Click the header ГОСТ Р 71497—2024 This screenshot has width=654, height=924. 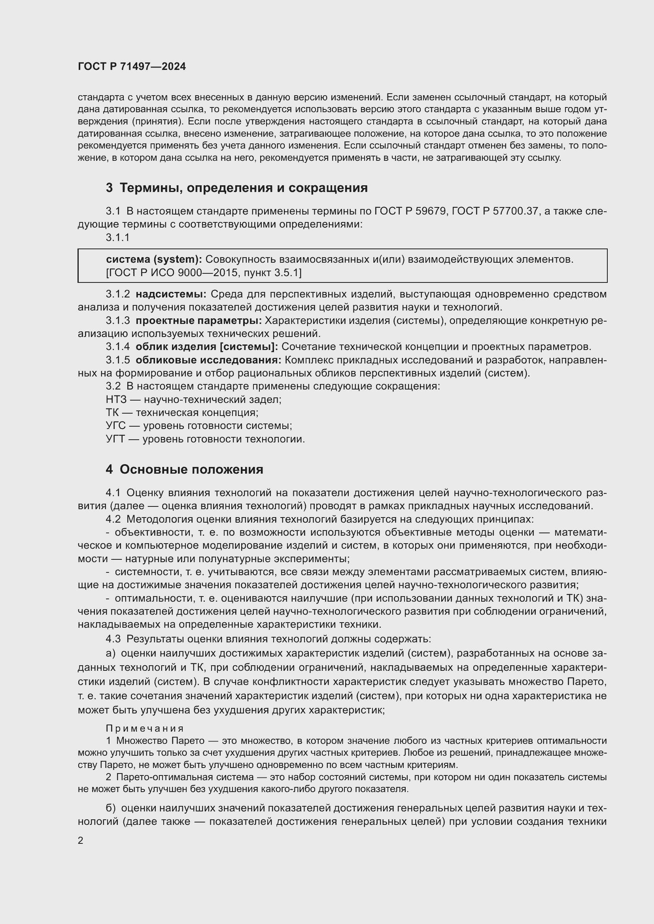coord(132,66)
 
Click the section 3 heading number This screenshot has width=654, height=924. coord(109,188)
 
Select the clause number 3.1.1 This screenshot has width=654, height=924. coord(117,237)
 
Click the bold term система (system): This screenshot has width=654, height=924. coord(154,260)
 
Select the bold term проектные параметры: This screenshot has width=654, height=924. coord(198,321)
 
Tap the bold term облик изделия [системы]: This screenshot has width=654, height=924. coord(206,346)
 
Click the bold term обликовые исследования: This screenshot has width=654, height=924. coord(208,360)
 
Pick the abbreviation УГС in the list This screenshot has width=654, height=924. coord(116,426)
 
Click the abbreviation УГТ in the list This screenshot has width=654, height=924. coord(115,439)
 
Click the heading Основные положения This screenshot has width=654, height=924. coord(191,470)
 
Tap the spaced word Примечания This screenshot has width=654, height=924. coord(145,728)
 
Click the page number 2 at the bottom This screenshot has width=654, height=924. coord(81,841)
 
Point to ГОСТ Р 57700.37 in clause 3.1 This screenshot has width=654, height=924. coord(495,211)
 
